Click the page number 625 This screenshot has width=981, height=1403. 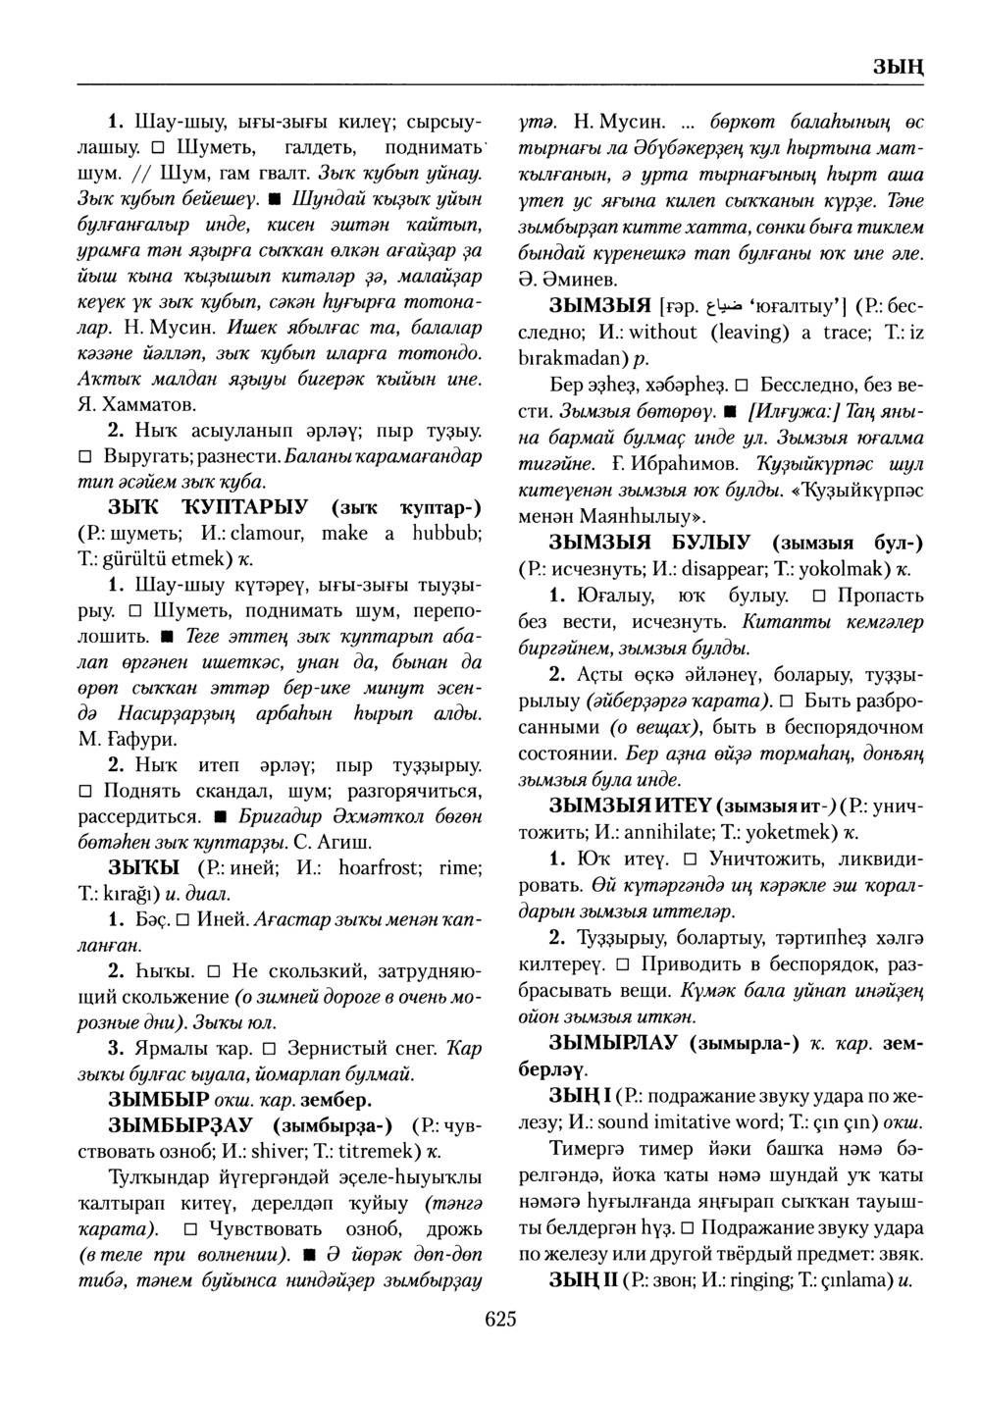(499, 1318)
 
